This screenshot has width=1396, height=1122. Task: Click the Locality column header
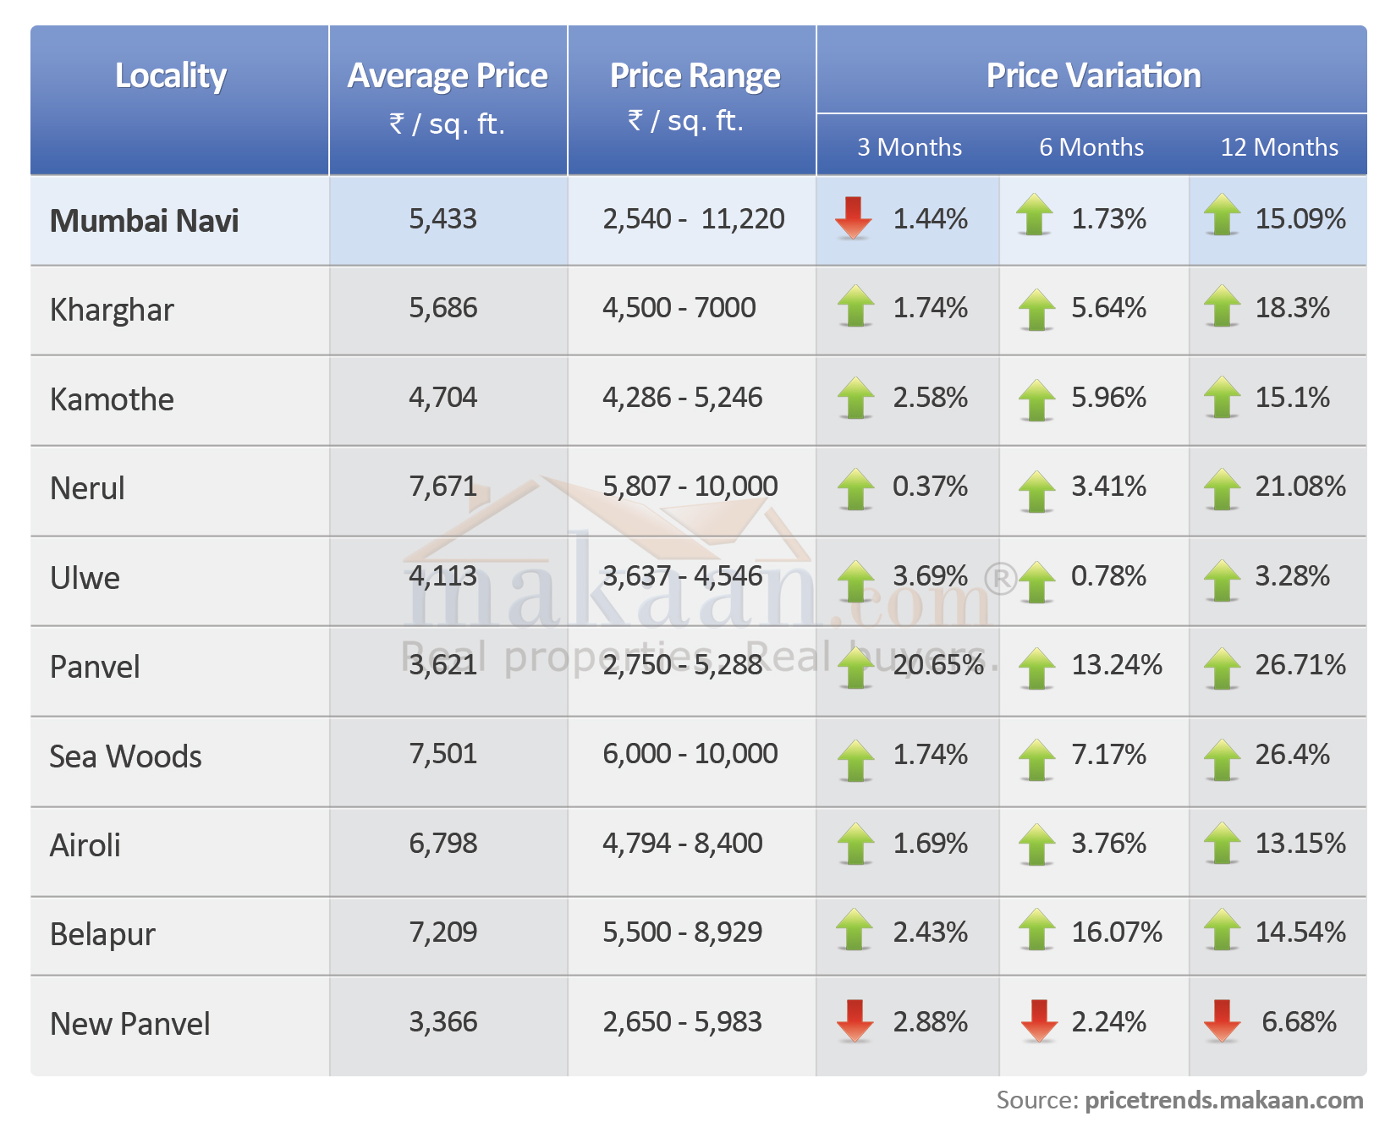[171, 76]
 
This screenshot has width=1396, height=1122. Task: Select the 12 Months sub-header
[1278, 147]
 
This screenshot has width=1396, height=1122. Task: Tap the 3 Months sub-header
[910, 147]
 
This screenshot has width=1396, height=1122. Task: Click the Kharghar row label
[112, 310]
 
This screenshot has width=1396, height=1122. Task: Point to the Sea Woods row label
[125, 756]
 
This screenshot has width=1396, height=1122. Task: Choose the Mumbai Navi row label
[144, 221]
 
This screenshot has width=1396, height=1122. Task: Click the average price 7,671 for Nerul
[442, 487]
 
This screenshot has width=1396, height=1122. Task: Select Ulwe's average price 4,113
[442, 576]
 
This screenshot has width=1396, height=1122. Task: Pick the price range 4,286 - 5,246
[682, 398]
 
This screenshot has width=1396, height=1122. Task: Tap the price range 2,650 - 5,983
[682, 1022]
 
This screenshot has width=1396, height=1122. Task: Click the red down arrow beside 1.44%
[853, 217]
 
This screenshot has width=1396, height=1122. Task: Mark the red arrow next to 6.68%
[1222, 1020]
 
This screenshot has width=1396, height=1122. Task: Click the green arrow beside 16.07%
[1036, 930]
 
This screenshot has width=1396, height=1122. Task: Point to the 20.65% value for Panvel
[938, 665]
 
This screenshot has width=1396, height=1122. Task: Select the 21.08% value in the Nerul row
[1300, 487]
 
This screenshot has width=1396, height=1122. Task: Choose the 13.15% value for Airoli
[1300, 844]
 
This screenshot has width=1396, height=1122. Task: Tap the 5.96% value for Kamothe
[1108, 398]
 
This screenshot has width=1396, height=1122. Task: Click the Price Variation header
[1093, 76]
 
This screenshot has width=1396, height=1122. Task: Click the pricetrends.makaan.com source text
[1223, 1100]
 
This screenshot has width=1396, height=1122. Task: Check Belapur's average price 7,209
[442, 932]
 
